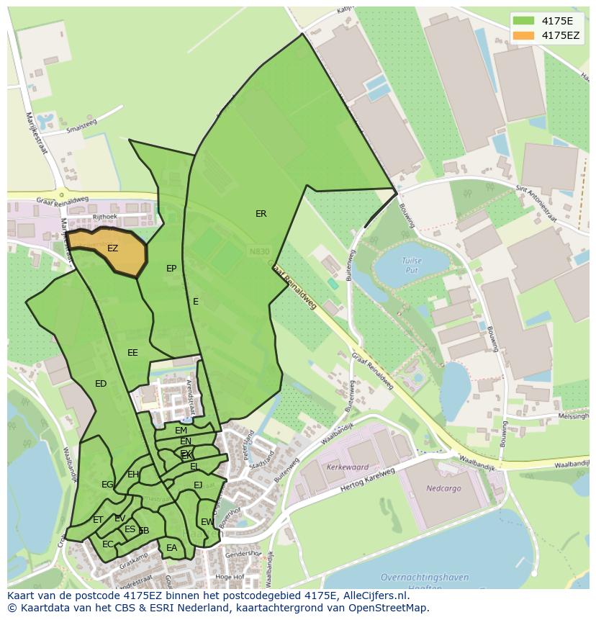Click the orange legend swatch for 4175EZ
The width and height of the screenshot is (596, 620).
click(525, 35)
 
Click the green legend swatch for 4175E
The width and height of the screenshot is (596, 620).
click(525, 21)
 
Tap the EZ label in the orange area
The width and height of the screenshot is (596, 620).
click(112, 248)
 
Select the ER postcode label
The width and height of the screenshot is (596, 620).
click(261, 214)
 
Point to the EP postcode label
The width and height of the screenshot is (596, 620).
click(171, 269)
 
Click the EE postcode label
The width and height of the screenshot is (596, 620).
click(132, 353)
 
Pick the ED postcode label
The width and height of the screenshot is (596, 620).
click(101, 384)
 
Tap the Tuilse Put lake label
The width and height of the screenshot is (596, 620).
click(412, 264)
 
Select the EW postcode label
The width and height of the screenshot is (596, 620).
click(207, 522)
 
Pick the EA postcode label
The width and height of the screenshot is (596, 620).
click(171, 548)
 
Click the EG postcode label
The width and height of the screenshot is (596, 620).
click(107, 485)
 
